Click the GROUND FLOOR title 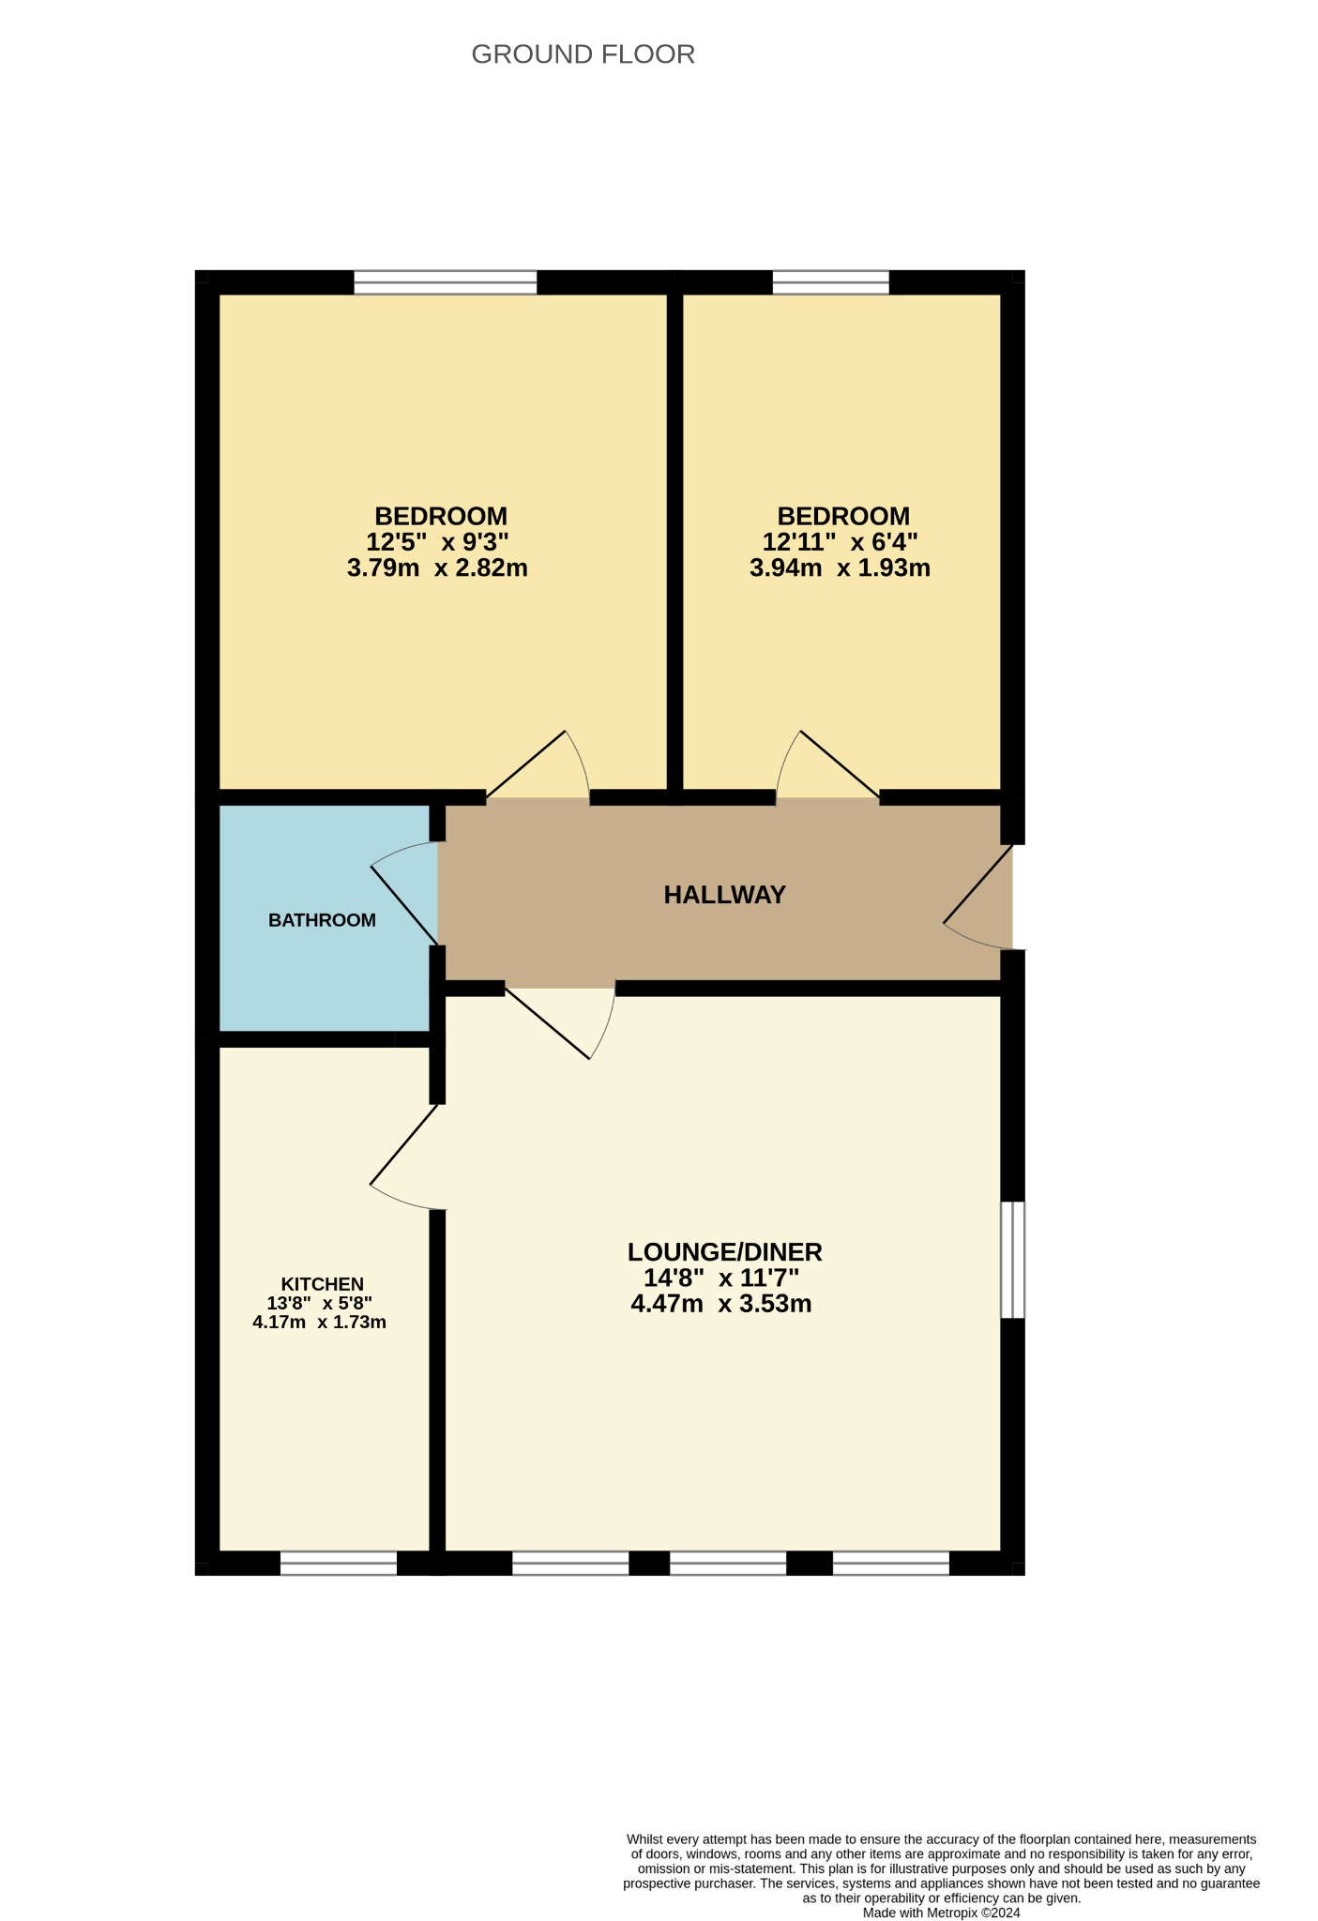[583, 54]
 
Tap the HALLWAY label [724, 895]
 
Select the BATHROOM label [322, 920]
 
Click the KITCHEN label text [322, 1284]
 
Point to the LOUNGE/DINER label [724, 1252]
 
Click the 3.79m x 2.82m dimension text [437, 567]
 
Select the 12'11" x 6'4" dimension [840, 542]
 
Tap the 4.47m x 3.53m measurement [721, 1304]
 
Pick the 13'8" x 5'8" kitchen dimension [319, 1303]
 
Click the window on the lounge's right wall [1012, 1260]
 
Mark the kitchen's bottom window [339, 1563]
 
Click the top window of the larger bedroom [446, 282]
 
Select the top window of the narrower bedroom [830, 282]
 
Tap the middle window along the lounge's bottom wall [728, 1563]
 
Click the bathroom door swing [405, 893]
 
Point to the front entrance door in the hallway [978, 898]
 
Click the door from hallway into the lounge [560, 1022]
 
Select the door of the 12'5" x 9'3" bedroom [538, 765]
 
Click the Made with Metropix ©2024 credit [941, 1913]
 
